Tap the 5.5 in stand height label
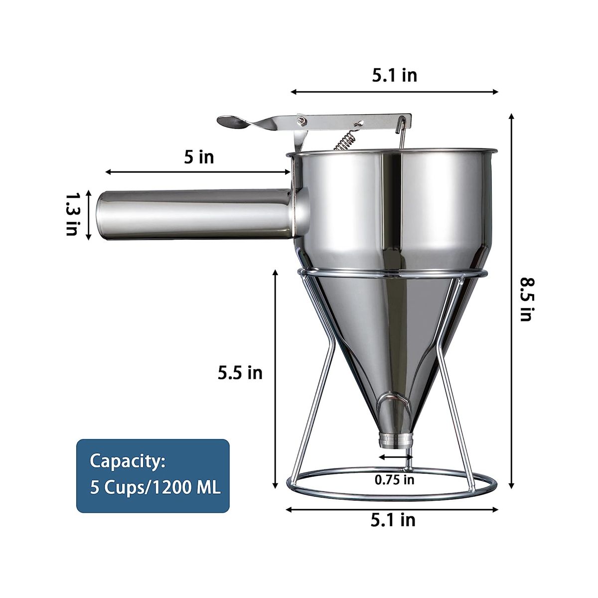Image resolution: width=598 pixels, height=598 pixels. click(240, 373)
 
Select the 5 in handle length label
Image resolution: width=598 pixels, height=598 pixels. click(199, 157)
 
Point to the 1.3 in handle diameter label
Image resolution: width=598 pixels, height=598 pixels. click(73, 215)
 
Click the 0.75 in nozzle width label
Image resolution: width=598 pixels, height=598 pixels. click(394, 480)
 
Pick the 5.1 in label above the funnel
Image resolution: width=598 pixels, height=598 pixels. click(394, 75)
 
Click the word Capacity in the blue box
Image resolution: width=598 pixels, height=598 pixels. click(127, 462)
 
